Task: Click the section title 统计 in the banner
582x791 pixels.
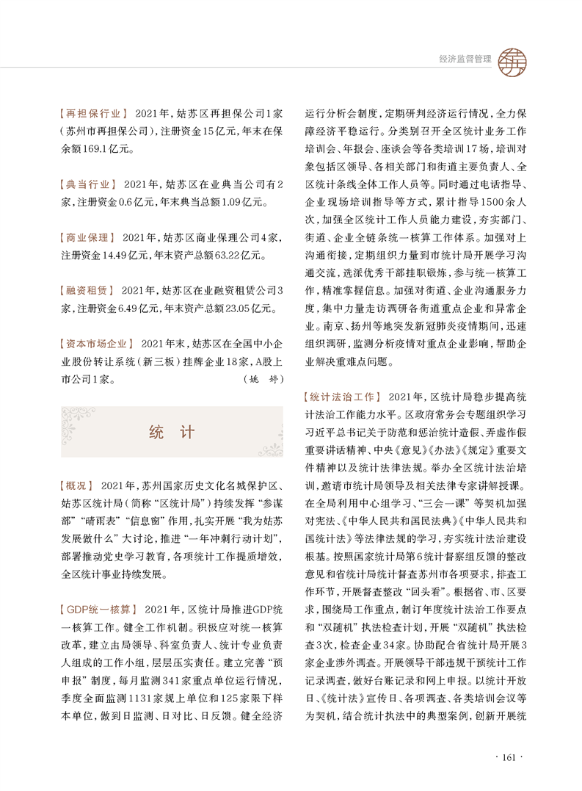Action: tap(171, 432)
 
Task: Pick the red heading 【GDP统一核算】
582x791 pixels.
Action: tap(98, 609)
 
